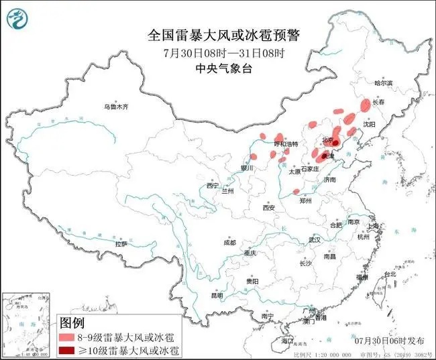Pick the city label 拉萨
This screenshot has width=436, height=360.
(121, 244)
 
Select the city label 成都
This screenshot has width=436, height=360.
(229, 242)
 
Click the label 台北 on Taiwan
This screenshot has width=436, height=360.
(389, 275)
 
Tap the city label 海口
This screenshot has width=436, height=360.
(288, 341)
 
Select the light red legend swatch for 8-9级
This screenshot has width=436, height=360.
(67, 337)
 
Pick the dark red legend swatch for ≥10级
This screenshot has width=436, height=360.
(67, 349)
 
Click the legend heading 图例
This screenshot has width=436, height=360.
(72, 323)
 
